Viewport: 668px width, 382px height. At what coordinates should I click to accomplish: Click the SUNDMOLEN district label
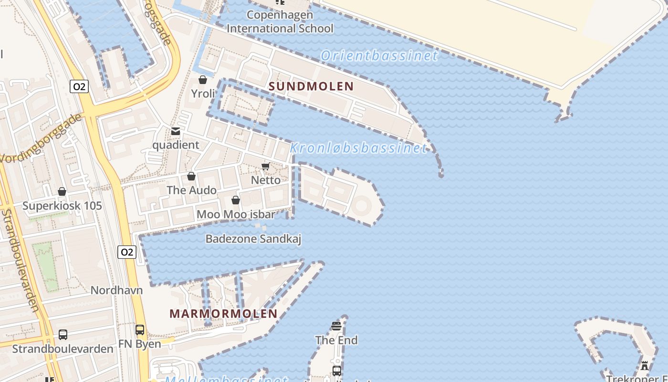tap(311, 86)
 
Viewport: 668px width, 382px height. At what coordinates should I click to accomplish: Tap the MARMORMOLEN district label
tap(223, 314)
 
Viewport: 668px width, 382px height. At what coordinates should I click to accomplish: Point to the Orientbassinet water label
tap(379, 56)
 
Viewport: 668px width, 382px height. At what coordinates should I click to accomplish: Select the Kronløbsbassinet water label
tap(358, 148)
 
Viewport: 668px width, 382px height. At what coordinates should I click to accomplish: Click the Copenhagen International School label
tap(280, 21)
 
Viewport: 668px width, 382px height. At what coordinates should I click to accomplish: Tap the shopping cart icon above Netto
tap(265, 167)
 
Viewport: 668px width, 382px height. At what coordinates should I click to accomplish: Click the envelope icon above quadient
tap(176, 131)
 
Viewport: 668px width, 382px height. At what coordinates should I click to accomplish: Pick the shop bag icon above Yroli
tap(203, 80)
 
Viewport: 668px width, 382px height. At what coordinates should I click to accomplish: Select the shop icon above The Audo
tap(191, 177)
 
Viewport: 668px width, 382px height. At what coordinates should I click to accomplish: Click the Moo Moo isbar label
tap(236, 214)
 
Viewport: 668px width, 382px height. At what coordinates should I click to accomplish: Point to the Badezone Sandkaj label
tap(253, 239)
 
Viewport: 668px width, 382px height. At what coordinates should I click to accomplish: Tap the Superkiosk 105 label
tap(62, 206)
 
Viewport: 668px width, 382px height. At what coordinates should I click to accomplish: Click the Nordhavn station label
tap(116, 290)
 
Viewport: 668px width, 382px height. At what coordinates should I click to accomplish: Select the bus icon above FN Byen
tap(140, 330)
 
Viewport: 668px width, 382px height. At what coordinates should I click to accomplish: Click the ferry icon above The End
tap(336, 327)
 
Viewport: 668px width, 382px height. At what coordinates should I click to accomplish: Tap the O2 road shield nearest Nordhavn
tap(127, 252)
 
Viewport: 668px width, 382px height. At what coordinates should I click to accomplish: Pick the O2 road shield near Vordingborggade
tap(79, 86)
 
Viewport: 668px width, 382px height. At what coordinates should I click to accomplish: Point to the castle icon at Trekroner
tap(645, 366)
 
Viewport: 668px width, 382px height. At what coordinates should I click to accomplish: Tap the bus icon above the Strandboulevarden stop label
tap(63, 335)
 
